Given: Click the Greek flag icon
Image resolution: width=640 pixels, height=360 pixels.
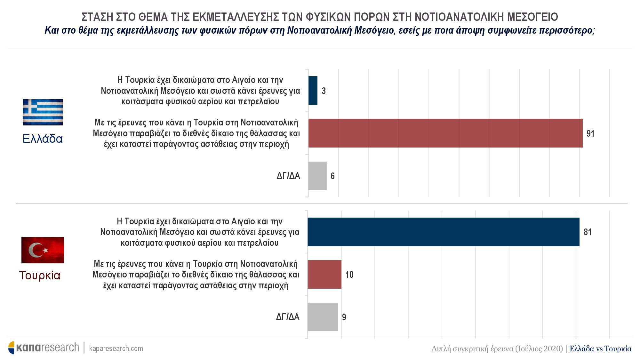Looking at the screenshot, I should [x=43, y=112].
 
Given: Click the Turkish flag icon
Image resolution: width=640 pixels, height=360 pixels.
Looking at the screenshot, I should [x=43, y=250].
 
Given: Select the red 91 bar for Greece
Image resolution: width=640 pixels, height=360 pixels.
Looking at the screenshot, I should [x=445, y=133].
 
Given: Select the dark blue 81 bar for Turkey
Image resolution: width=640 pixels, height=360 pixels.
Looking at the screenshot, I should [x=443, y=232].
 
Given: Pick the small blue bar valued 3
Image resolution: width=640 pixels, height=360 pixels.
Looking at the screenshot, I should [x=313, y=91].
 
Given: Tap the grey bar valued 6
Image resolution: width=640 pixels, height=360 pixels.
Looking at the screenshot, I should [x=317, y=176].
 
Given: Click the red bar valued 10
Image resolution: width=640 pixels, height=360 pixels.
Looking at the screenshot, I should [x=324, y=274].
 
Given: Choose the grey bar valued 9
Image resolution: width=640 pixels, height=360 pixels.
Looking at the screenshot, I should [x=323, y=317].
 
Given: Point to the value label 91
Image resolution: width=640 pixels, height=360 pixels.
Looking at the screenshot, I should [x=590, y=133].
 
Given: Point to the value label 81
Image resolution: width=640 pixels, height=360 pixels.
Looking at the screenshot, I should [x=588, y=232].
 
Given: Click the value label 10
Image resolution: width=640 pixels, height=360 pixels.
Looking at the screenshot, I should [x=349, y=275].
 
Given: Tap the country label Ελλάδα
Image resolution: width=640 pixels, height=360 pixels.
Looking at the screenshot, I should [x=43, y=139].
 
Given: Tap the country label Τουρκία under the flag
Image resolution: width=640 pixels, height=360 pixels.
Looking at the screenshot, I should [x=40, y=275].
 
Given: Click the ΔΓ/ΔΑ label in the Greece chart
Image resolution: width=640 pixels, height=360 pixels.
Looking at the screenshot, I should [x=288, y=176].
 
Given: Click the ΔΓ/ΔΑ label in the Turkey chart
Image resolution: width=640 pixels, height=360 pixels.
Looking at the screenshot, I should [x=288, y=317].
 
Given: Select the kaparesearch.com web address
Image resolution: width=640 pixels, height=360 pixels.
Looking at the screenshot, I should [x=116, y=348].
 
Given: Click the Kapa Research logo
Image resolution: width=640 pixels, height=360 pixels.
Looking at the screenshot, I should [x=44, y=348].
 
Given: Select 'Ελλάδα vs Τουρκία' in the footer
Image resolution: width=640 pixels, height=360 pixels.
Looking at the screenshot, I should [x=601, y=348].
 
